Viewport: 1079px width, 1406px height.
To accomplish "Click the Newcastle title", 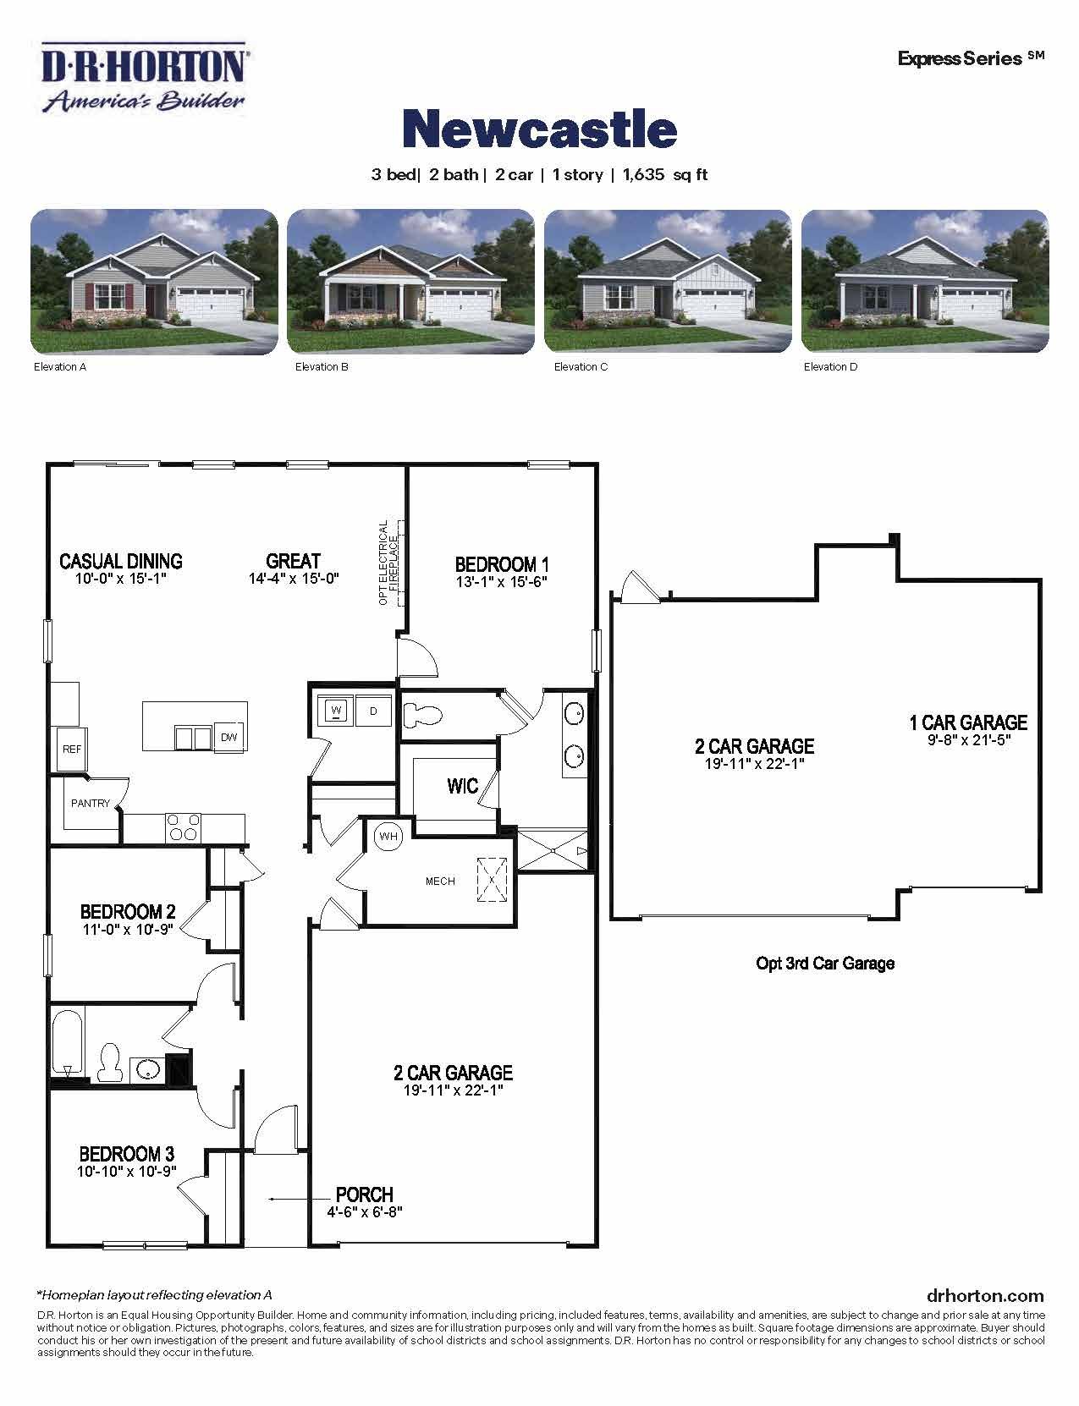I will pos(539,129).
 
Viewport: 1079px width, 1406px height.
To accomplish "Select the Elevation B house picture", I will pos(410,281).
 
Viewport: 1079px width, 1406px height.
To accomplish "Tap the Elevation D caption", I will pos(829,367).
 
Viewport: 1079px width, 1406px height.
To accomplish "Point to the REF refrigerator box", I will pos(70,749).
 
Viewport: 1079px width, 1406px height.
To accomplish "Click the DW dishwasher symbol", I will pos(229,737).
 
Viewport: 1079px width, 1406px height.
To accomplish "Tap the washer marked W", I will pos(336,711).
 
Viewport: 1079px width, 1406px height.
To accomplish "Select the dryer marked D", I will pos(373,711).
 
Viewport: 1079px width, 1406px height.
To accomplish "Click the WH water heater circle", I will pos(388,837).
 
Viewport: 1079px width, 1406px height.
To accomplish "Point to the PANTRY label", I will pos(90,803).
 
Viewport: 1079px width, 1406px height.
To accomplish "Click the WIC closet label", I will pos(462,787).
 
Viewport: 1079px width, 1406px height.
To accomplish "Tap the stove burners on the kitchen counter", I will pos(183,827).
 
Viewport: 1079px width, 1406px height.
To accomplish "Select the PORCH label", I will pos(365,1195).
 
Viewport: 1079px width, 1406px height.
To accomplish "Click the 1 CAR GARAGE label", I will pos(968,722).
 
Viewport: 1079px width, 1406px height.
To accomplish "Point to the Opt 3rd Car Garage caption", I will pos(824,963).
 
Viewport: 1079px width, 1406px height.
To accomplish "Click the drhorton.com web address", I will pos(985,1295).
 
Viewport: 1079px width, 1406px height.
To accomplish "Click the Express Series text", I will pos(961,59).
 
